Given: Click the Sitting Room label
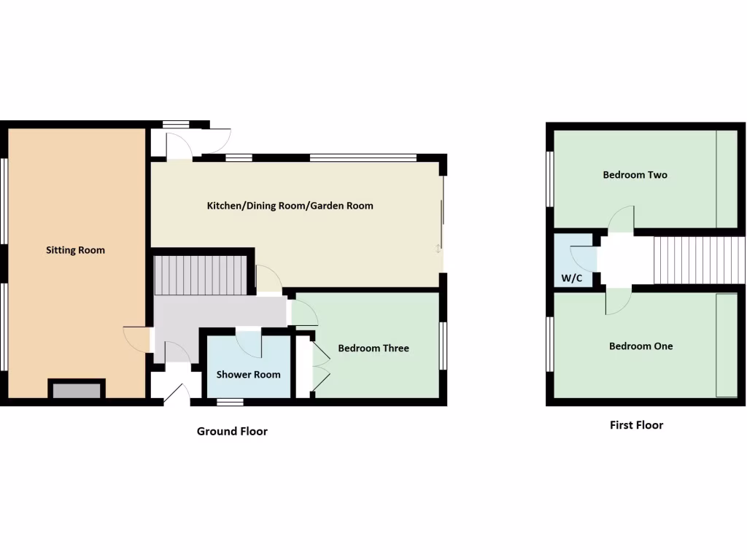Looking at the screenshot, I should tap(75, 250).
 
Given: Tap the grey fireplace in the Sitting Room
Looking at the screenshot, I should tap(77, 389).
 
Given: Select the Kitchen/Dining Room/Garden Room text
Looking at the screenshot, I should tap(290, 206).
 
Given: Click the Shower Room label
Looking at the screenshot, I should tap(248, 375).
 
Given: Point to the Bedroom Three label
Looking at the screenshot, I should tap(373, 348).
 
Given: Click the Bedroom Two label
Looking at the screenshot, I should tap(634, 175).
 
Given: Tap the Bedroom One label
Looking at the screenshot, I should tap(640, 346).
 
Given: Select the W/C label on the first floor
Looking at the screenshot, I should tap(571, 278).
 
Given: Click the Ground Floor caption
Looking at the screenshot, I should tap(232, 431).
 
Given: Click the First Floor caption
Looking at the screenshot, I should tap(636, 424).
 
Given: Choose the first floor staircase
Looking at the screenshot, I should tap(699, 260).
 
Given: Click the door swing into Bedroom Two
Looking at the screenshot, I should tap(622, 218).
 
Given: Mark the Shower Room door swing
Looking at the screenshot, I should tap(249, 344).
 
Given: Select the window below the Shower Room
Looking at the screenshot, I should tap(230, 401).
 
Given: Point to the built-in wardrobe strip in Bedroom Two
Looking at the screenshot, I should tap(726, 179).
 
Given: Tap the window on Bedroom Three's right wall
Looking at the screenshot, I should tap(443, 345).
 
